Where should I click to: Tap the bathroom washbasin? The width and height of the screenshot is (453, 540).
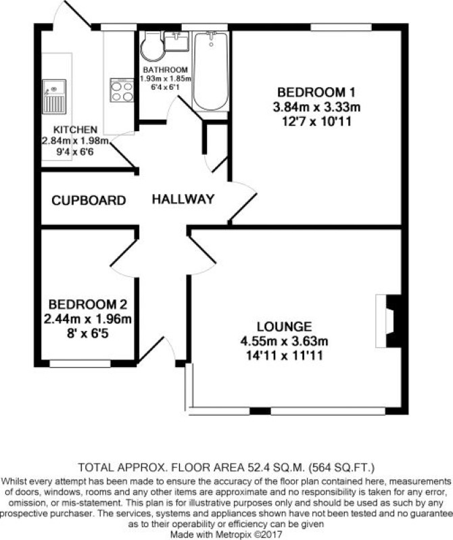click(x=176, y=41)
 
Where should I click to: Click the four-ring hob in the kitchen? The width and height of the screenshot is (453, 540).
click(x=122, y=91)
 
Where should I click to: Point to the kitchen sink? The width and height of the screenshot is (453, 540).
click(x=54, y=97)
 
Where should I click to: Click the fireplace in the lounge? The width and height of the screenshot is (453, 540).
click(x=389, y=320)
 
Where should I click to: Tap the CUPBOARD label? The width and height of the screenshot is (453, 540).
click(x=89, y=201)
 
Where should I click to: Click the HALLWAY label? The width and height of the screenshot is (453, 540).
click(x=183, y=199)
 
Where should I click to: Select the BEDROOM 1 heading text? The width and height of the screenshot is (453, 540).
click(x=316, y=93)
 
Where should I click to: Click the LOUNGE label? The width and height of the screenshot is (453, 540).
click(x=284, y=326)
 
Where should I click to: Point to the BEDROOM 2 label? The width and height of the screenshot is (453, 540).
click(x=88, y=304)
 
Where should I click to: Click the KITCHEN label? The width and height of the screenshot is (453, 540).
click(x=76, y=130)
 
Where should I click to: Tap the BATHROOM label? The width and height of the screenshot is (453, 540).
click(x=166, y=70)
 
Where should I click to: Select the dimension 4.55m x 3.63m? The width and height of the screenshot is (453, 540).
click(x=284, y=341)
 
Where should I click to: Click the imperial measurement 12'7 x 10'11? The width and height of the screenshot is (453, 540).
click(x=316, y=122)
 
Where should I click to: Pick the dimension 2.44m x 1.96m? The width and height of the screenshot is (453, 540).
click(x=88, y=319)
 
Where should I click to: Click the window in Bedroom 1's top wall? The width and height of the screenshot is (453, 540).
click(x=341, y=27)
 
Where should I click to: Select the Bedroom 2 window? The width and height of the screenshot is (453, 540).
click(x=80, y=364)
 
